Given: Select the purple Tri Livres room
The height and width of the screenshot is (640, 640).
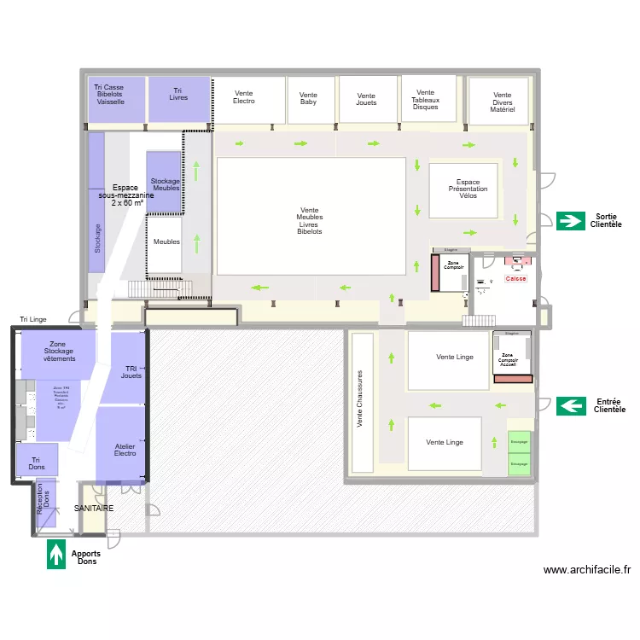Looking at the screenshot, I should point(179,99).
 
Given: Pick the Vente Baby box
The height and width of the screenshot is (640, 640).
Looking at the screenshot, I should point(310,100).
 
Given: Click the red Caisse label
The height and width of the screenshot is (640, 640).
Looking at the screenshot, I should point(516,279).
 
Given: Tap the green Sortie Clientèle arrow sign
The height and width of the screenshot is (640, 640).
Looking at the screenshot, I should point(569,221).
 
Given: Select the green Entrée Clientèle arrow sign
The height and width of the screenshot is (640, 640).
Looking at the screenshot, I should point(569,405).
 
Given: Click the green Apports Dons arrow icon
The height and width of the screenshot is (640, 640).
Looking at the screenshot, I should point(56,554).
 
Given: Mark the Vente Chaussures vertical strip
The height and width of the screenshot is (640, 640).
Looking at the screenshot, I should point(362,402).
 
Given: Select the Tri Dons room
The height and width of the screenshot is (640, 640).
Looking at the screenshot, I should point(38,460).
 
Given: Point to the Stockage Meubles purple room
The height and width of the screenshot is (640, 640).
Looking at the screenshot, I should point(165,183).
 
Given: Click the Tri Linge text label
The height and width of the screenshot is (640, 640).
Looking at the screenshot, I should point(34,319).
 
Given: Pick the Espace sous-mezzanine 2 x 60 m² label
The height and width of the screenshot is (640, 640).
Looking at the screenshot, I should point(126,195).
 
